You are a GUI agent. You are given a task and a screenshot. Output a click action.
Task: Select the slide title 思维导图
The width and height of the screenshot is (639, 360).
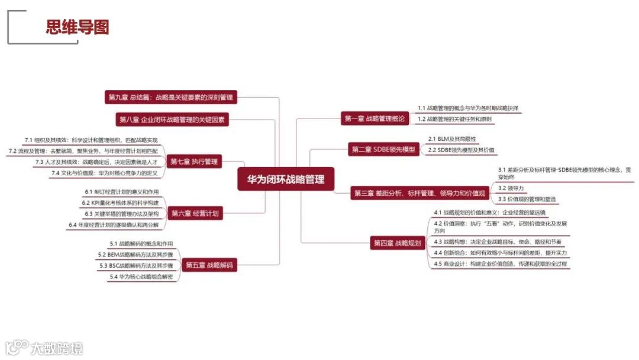(78, 27)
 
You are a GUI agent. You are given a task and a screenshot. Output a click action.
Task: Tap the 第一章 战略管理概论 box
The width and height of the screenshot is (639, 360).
(375, 118)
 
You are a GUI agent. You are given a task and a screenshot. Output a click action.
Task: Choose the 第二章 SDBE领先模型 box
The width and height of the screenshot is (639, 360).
(383, 149)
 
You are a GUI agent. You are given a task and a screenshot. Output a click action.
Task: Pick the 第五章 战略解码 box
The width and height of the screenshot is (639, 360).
(209, 265)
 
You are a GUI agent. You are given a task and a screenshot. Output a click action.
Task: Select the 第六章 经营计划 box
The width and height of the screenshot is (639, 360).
(196, 214)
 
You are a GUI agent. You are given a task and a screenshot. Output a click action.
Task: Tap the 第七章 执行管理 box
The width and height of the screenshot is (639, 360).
(194, 161)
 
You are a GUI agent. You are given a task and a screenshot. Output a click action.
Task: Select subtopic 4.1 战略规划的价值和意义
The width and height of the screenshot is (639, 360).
(490, 212)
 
